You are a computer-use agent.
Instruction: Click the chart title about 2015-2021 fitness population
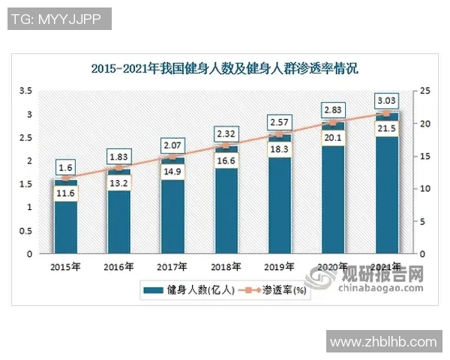pyautogui.click(x=225, y=69)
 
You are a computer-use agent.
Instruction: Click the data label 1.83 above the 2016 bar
pyautogui.click(x=119, y=155)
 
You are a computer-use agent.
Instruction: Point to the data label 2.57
pyautogui.click(x=280, y=121)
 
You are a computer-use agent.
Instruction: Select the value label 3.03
pyautogui.click(x=387, y=101)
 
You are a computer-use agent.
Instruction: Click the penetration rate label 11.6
pyautogui.click(x=66, y=193)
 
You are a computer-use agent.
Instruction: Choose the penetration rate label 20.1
pyautogui.click(x=333, y=138)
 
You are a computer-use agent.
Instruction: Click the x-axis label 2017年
pyautogui.click(x=172, y=266)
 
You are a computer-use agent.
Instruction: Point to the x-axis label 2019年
pyautogui.click(x=280, y=266)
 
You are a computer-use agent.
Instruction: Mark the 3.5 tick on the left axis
pyautogui.click(x=25, y=91)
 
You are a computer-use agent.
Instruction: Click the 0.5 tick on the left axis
pyautogui.click(x=25, y=230)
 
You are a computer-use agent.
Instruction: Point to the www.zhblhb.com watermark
pyautogui.click(x=382, y=342)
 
